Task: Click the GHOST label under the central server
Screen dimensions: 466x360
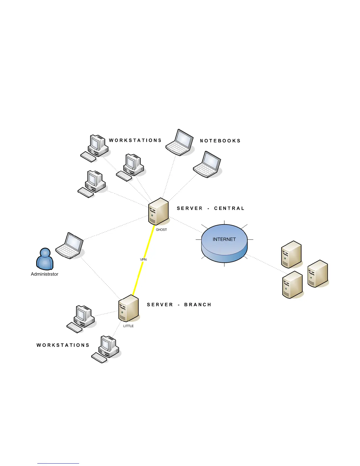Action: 161,230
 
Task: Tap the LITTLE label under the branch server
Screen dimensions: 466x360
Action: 128,326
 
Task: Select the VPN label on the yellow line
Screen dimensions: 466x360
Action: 143,259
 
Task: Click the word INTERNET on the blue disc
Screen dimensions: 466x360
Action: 224,239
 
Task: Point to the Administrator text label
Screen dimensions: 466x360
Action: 44,274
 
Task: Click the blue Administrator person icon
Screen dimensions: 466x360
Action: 45,259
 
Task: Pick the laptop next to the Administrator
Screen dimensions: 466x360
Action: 70,246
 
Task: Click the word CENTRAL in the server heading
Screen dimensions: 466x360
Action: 229,208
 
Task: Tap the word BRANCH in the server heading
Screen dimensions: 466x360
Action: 198,304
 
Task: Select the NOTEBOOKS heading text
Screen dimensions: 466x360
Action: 220,141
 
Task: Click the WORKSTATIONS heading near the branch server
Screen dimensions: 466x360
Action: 63,345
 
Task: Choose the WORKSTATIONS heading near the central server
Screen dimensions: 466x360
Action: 135,140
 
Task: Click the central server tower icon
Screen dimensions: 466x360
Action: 159,212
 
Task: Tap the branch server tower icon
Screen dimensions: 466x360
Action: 129,308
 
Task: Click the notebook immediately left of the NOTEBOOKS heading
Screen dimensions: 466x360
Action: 180,143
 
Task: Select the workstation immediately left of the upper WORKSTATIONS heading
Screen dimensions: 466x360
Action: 95,148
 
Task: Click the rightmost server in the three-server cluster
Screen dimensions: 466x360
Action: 318,274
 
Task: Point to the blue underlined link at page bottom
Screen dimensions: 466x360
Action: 58,463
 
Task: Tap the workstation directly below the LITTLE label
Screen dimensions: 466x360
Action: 106,349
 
